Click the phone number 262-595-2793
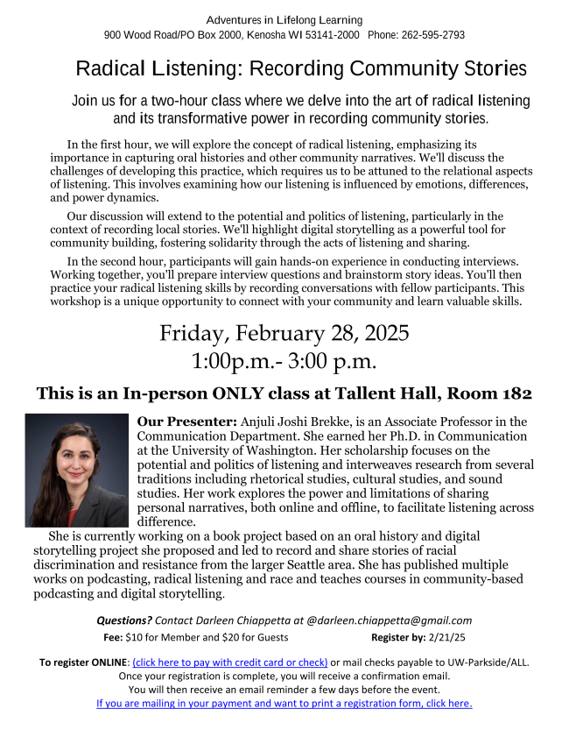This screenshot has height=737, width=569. tap(433, 35)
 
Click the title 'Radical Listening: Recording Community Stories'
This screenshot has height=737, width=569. tap(301, 68)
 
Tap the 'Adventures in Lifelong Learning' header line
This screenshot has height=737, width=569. tap(284, 19)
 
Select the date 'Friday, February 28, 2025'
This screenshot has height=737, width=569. tap(284, 334)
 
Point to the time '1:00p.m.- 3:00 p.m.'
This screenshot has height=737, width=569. tap(284, 360)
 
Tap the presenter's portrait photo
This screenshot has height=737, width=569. tap(77, 470)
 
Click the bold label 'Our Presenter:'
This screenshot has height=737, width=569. tap(186, 422)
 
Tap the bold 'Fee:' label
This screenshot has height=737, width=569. tap(113, 637)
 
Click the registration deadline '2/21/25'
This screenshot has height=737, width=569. tap(448, 637)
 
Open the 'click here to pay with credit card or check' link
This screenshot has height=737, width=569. tap(229, 662)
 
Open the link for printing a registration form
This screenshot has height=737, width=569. tap(284, 703)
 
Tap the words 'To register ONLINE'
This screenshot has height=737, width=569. tap(83, 662)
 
